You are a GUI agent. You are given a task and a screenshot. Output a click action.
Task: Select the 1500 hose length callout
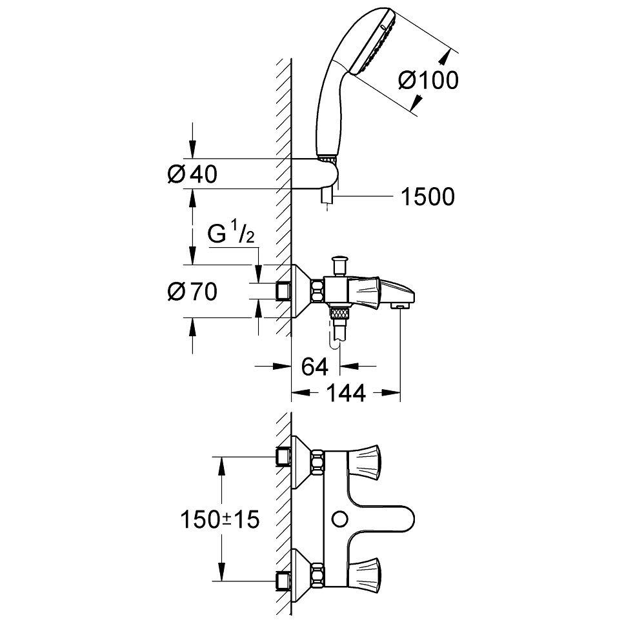(428, 197)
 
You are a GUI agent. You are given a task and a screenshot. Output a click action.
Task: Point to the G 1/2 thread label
(233, 236)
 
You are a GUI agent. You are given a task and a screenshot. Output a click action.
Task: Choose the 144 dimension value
(346, 392)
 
